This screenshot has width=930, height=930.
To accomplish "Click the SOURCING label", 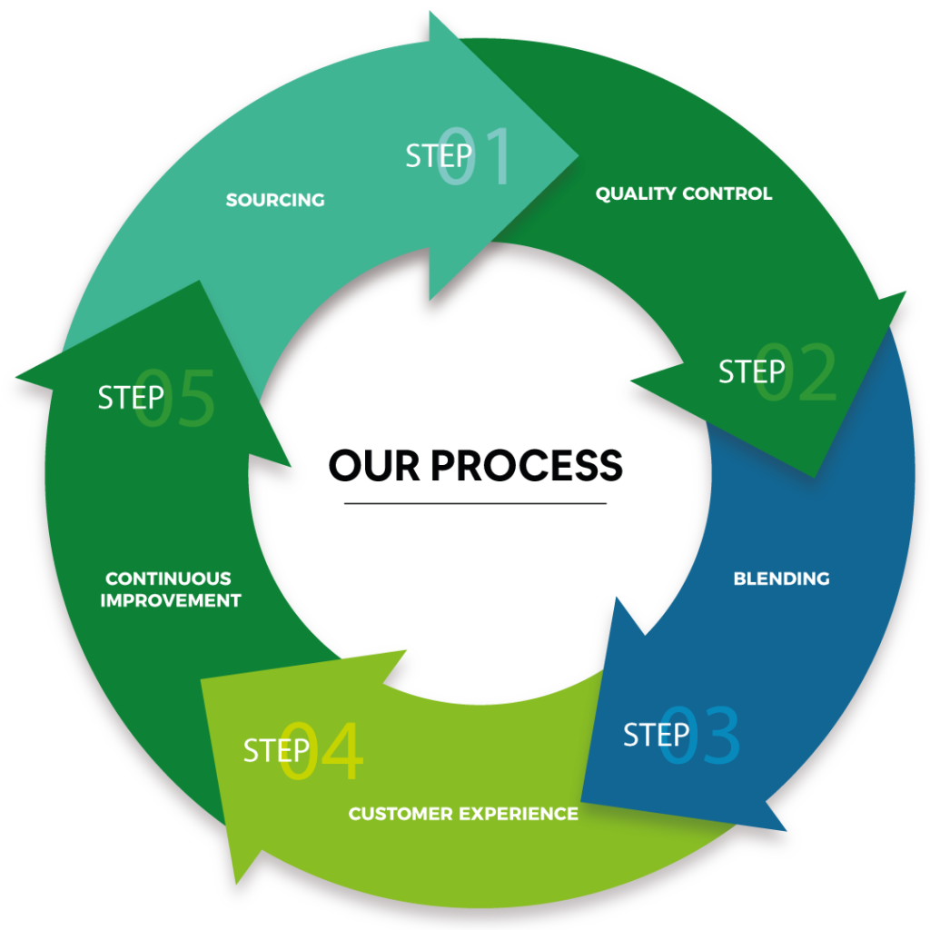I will tap(275, 200).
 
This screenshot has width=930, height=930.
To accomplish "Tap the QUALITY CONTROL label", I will tap(683, 193).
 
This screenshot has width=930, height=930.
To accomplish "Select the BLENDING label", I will tap(781, 579).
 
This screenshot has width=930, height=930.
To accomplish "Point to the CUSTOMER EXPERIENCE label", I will tap(463, 814).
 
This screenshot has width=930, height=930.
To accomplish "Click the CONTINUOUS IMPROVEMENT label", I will tap(171, 589).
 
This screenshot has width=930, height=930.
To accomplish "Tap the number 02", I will tap(797, 374).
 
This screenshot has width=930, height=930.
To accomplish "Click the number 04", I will tap(322, 752).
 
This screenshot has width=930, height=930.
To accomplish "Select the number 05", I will tap(176, 399).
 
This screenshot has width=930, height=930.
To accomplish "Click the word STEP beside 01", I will tap(438, 156).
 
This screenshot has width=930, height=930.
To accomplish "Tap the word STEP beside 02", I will tap(751, 371).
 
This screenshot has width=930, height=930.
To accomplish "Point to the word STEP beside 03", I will tap(656, 735).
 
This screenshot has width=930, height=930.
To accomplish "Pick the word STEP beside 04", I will tap(276, 750).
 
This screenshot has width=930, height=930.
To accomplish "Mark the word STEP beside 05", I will tap(131, 397).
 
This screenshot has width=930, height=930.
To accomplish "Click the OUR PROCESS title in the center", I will tap(476, 464).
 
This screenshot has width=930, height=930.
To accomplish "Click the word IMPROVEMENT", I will tap(171, 601).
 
